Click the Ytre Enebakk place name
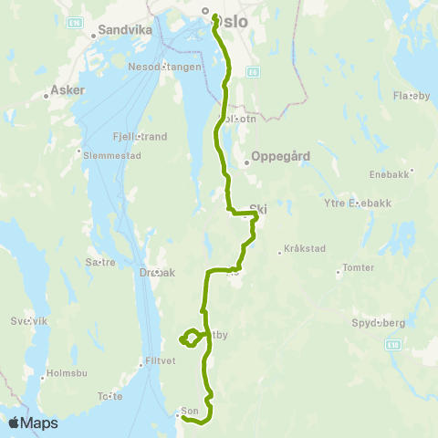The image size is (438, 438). (357, 203)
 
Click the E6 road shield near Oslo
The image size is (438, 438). (252, 69)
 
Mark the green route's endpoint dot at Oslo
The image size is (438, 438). (214, 16)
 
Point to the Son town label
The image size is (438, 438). (190, 411)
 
